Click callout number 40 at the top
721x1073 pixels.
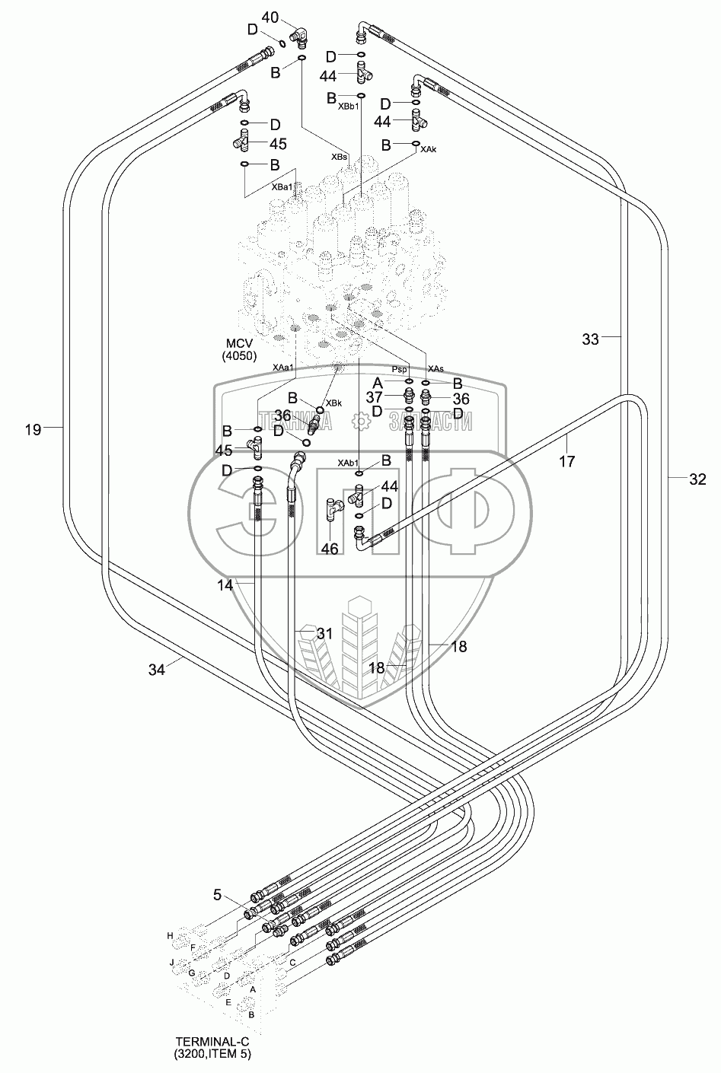pyautogui.click(x=271, y=17)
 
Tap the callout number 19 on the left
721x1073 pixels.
pyautogui.click(x=33, y=430)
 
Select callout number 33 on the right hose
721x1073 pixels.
pyautogui.click(x=591, y=340)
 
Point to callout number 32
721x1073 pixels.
pyautogui.click(x=697, y=479)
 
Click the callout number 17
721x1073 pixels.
pyautogui.click(x=566, y=460)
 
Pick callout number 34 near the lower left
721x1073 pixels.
pyautogui.click(x=157, y=669)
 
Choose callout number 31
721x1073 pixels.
pyautogui.click(x=325, y=633)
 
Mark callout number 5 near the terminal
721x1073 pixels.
pyautogui.click(x=218, y=896)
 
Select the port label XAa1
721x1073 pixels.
pyautogui.click(x=283, y=368)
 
